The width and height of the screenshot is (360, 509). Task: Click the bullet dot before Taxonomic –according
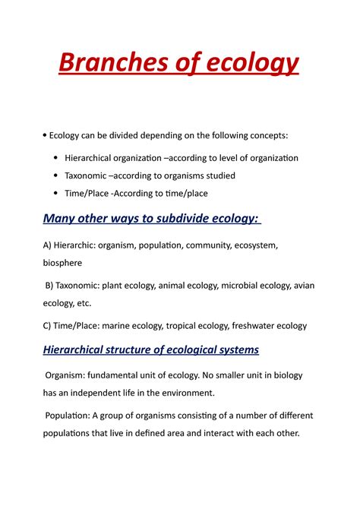(57, 175)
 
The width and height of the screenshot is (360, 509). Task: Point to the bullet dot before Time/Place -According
(57, 193)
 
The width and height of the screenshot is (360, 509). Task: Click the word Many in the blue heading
(59, 219)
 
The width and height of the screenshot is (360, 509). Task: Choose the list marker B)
(50, 286)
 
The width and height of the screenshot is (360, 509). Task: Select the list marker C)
(48, 326)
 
